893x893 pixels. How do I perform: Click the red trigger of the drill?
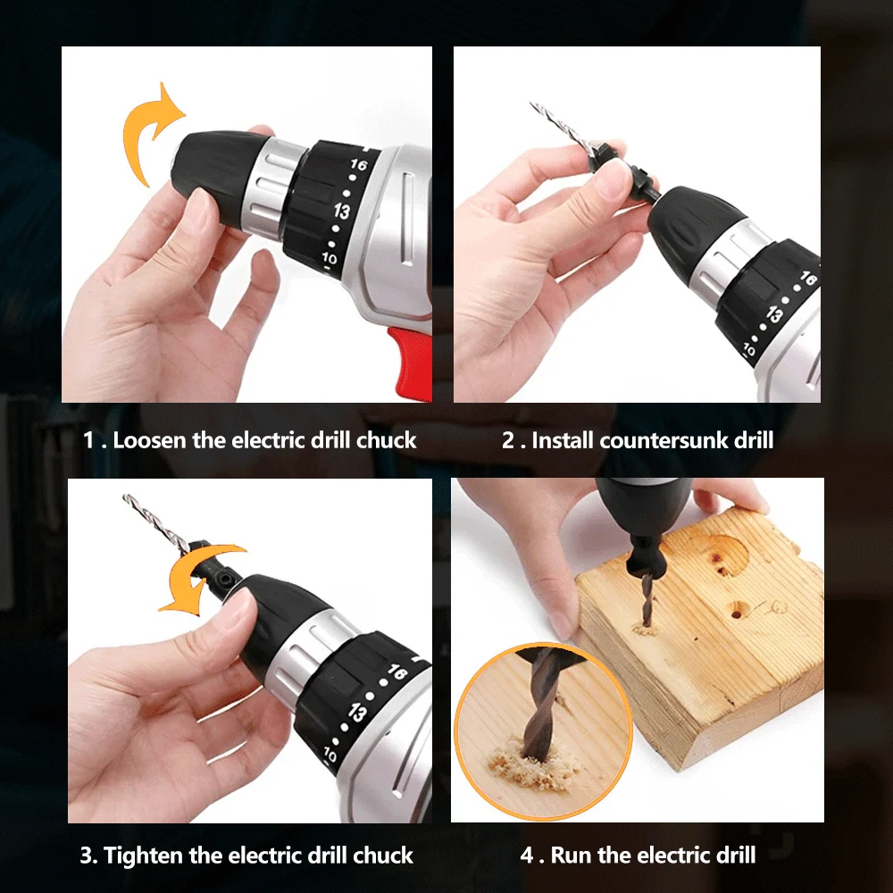(x=411, y=363)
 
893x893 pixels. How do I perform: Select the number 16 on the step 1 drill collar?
(x=358, y=164)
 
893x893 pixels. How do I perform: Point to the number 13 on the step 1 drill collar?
(x=342, y=212)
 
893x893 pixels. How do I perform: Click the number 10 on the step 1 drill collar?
(x=330, y=259)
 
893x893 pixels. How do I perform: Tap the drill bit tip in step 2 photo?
(x=531, y=104)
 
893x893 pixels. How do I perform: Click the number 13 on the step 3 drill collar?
(x=358, y=713)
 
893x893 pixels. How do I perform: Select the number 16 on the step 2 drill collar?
(x=808, y=278)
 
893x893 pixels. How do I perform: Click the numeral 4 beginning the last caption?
(x=527, y=855)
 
